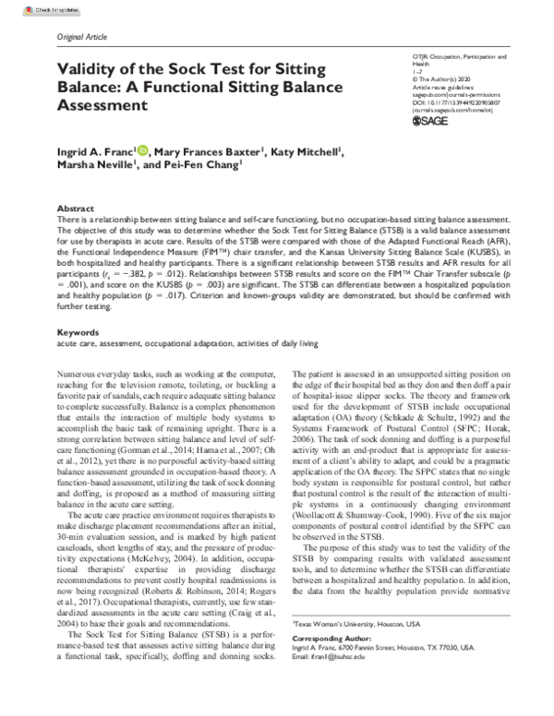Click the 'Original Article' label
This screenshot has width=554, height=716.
click(x=83, y=36)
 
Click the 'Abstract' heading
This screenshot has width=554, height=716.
click(x=75, y=209)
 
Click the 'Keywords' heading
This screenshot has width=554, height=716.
click(x=77, y=305)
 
